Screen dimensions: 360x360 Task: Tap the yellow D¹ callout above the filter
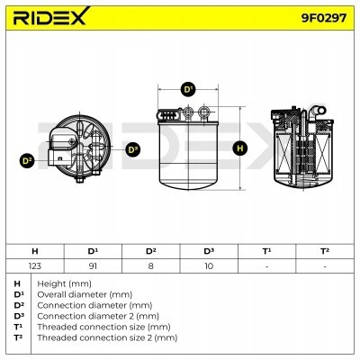click(188, 90)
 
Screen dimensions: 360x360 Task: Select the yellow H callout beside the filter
click(240, 148)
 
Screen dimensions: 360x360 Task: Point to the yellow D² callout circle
click(27, 160)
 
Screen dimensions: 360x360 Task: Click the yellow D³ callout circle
click(133, 148)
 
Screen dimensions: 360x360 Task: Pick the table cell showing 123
click(34, 266)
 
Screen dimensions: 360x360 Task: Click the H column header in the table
click(34, 251)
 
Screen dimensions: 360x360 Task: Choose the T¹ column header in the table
click(266, 251)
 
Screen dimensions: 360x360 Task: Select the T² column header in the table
click(324, 251)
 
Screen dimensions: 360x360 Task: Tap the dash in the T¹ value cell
click(266, 266)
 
